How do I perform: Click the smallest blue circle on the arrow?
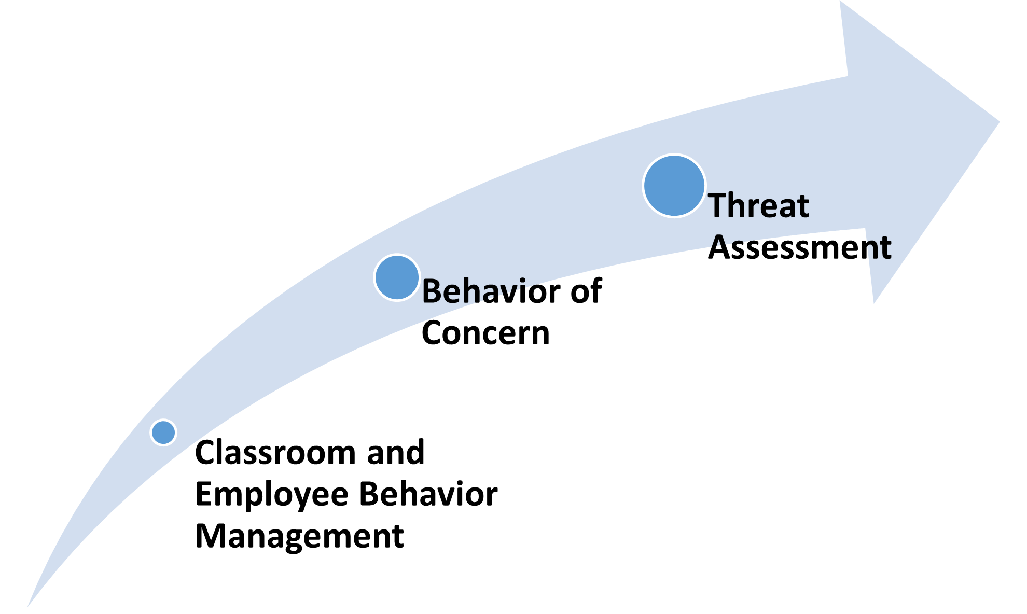click(x=163, y=432)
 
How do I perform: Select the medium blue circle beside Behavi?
click(x=397, y=277)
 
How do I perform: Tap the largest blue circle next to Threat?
click(x=674, y=186)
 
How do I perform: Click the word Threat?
click(x=758, y=205)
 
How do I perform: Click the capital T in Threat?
click(x=718, y=205)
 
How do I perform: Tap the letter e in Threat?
click(x=768, y=208)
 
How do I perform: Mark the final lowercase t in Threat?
click(x=802, y=206)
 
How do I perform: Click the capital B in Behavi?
click(x=432, y=291)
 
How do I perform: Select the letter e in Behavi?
click(x=452, y=294)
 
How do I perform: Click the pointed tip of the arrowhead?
click(x=998, y=122)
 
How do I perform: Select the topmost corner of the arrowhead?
click(x=841, y=2)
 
